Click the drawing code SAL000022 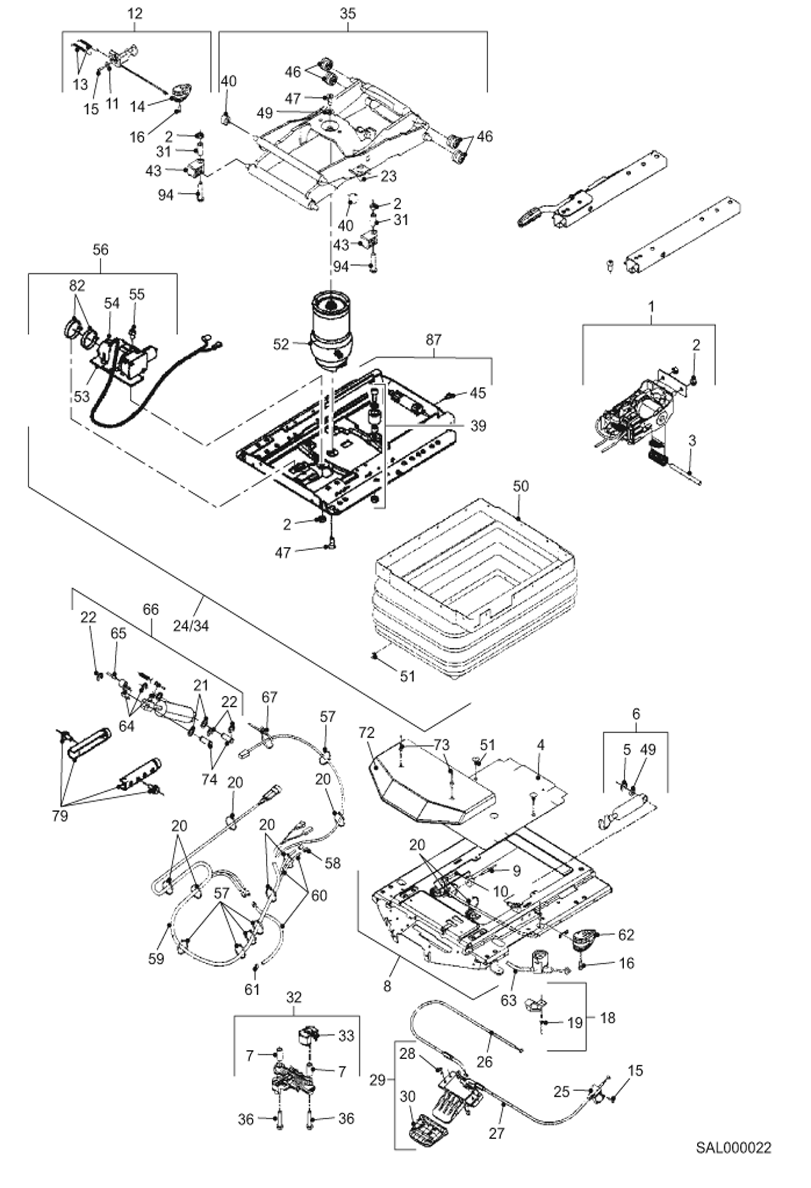(733, 1147)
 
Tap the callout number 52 (281, 344)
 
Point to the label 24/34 (191, 625)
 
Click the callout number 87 (433, 340)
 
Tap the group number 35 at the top (348, 14)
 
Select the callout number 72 (367, 733)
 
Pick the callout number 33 (346, 1035)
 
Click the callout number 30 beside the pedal (408, 1096)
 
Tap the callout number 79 (60, 815)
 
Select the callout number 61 (252, 989)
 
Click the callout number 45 (478, 393)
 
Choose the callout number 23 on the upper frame (388, 176)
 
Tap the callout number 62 (626, 935)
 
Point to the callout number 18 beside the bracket (607, 1017)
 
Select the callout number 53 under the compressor (81, 396)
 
